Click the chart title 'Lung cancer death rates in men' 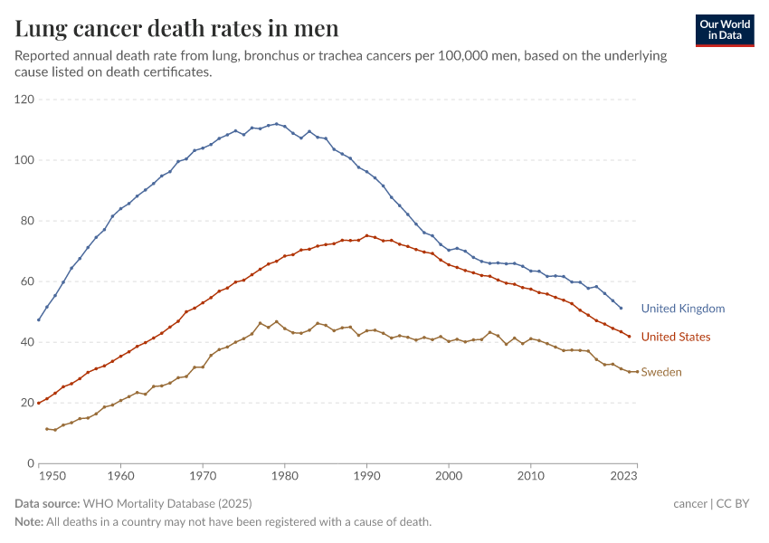(177, 29)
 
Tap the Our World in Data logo (725, 30)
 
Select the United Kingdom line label (683, 309)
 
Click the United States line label (676, 337)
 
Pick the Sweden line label (661, 372)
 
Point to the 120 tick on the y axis (24, 100)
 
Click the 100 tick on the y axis (24, 160)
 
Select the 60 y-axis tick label (27, 281)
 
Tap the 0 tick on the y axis (31, 463)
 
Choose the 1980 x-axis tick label (284, 474)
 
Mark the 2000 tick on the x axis (449, 474)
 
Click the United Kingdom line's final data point (621, 308)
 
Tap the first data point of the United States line (39, 403)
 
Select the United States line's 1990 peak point (366, 235)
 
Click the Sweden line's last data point (637, 371)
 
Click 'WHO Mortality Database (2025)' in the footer (166, 503)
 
